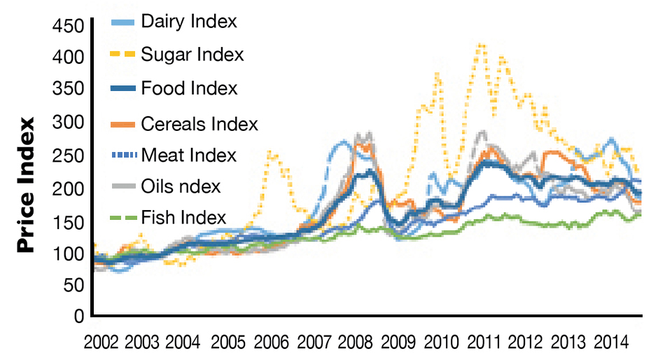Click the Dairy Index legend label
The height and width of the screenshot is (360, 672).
189,21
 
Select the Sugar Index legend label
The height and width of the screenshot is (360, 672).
192,54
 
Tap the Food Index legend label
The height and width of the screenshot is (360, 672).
189,88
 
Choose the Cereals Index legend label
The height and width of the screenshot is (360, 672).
199,124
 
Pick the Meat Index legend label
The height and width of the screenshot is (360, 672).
189,155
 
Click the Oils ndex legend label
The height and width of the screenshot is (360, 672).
181,186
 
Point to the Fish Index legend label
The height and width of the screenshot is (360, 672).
183,217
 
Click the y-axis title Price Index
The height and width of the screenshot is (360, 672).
26,185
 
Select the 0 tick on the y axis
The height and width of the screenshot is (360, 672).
79,317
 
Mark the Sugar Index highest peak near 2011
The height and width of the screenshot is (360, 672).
480,44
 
